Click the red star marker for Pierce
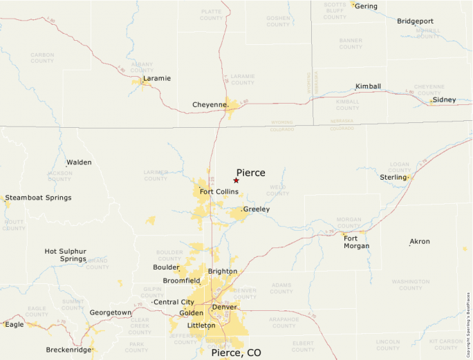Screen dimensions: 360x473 (x=236, y=180)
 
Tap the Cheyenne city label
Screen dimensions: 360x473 (x=209, y=105)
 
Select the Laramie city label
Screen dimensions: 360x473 (x=157, y=78)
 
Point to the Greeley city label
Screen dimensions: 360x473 (x=256, y=209)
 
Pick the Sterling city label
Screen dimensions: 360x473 (x=393, y=178)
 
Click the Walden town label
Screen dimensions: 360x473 (x=79, y=162)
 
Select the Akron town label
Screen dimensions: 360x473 (x=420, y=242)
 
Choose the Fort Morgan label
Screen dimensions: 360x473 (x=356, y=242)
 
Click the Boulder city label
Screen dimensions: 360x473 (x=165, y=267)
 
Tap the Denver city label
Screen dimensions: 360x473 (x=224, y=307)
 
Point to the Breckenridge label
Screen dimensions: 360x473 (x=68, y=350)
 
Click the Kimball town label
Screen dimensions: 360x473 (x=368, y=86)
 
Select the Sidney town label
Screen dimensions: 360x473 (x=444, y=100)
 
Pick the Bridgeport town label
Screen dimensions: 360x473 (x=415, y=21)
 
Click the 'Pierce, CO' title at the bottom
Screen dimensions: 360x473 (x=236, y=352)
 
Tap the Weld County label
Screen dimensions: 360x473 (x=278, y=190)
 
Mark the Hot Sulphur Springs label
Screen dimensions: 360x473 (x=65, y=255)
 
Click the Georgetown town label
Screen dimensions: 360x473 (x=111, y=312)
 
